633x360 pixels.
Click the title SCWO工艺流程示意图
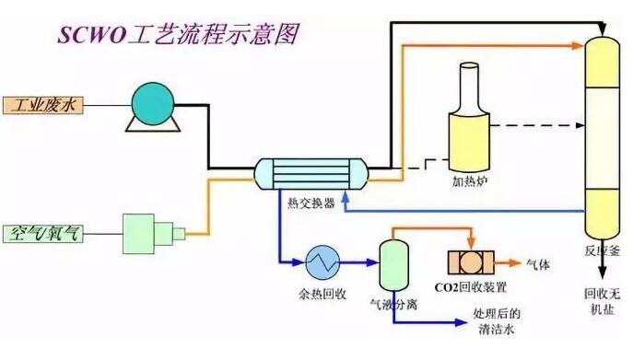click(x=179, y=34)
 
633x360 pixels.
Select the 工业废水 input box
click(x=43, y=105)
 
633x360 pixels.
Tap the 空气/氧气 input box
click(x=43, y=234)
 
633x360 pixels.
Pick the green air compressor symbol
click(x=154, y=234)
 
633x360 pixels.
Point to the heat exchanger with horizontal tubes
click(x=311, y=174)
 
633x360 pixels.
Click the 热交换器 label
click(x=311, y=203)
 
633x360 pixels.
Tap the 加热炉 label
click(x=470, y=181)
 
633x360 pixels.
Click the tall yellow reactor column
click(x=602, y=138)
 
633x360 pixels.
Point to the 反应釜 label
click(x=602, y=251)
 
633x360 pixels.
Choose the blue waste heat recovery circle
click(x=322, y=262)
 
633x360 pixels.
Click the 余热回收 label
click(x=322, y=294)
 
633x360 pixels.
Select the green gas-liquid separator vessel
click(x=393, y=265)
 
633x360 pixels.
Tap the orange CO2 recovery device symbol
click(x=471, y=262)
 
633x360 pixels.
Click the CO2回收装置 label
click(x=471, y=287)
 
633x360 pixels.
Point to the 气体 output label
click(x=538, y=265)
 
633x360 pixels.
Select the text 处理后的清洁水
click(x=497, y=321)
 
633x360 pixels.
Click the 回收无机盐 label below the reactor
click(x=602, y=301)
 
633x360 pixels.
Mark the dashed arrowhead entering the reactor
click(x=580, y=125)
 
